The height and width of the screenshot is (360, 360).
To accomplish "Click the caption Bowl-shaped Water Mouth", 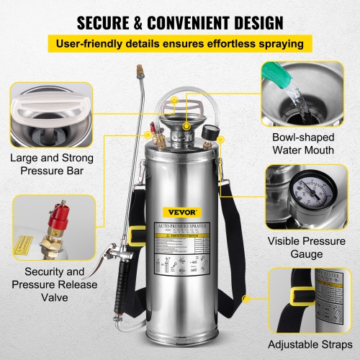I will point(303,144).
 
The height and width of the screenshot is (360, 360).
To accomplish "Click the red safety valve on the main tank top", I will point(153,131).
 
